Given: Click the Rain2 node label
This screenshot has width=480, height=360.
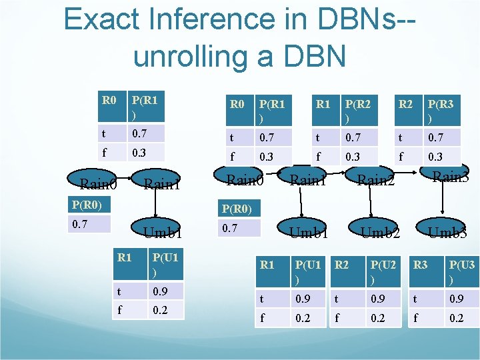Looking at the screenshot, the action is [375, 181].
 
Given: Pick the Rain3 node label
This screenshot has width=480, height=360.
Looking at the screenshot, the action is [450, 177].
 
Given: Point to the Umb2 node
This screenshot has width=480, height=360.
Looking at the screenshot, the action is [380, 233].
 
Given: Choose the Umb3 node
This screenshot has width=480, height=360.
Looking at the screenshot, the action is [447, 233].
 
